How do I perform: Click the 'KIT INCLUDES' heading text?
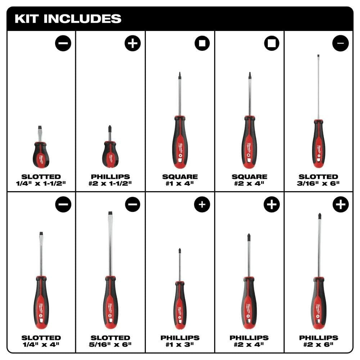pyautogui.click(x=68, y=19)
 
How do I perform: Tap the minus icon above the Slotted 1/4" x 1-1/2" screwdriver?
pyautogui.click(x=63, y=43)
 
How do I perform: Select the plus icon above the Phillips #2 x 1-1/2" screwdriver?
pyautogui.click(x=133, y=43)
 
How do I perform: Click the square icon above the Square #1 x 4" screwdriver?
pyautogui.click(x=202, y=43)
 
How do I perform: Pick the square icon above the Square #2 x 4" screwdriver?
pyautogui.click(x=271, y=43)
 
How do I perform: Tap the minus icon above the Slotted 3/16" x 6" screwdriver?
pyautogui.click(x=341, y=43)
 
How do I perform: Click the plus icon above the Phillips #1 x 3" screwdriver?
pyautogui.click(x=202, y=204)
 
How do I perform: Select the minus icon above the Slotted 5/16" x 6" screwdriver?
pyautogui.click(x=133, y=204)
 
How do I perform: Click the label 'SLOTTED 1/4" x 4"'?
pyautogui.click(x=41, y=341)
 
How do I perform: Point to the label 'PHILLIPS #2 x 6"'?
pyautogui.click(x=319, y=341)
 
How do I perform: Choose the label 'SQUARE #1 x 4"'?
pyautogui.click(x=180, y=180)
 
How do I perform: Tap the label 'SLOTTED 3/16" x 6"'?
pyautogui.click(x=318, y=180)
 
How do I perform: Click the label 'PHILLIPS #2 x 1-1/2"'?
pyautogui.click(x=111, y=180)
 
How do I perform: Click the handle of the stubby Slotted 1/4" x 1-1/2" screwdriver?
pyautogui.click(x=41, y=155)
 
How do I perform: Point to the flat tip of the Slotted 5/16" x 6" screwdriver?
pyautogui.click(x=110, y=213)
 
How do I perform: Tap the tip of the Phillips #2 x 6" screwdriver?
pyautogui.click(x=319, y=215)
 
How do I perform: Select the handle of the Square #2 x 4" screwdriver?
pyautogui.click(x=249, y=142)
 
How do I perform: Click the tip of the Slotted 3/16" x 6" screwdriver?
pyautogui.click(x=319, y=55)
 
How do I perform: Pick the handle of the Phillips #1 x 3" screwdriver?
pyautogui.click(x=180, y=305)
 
